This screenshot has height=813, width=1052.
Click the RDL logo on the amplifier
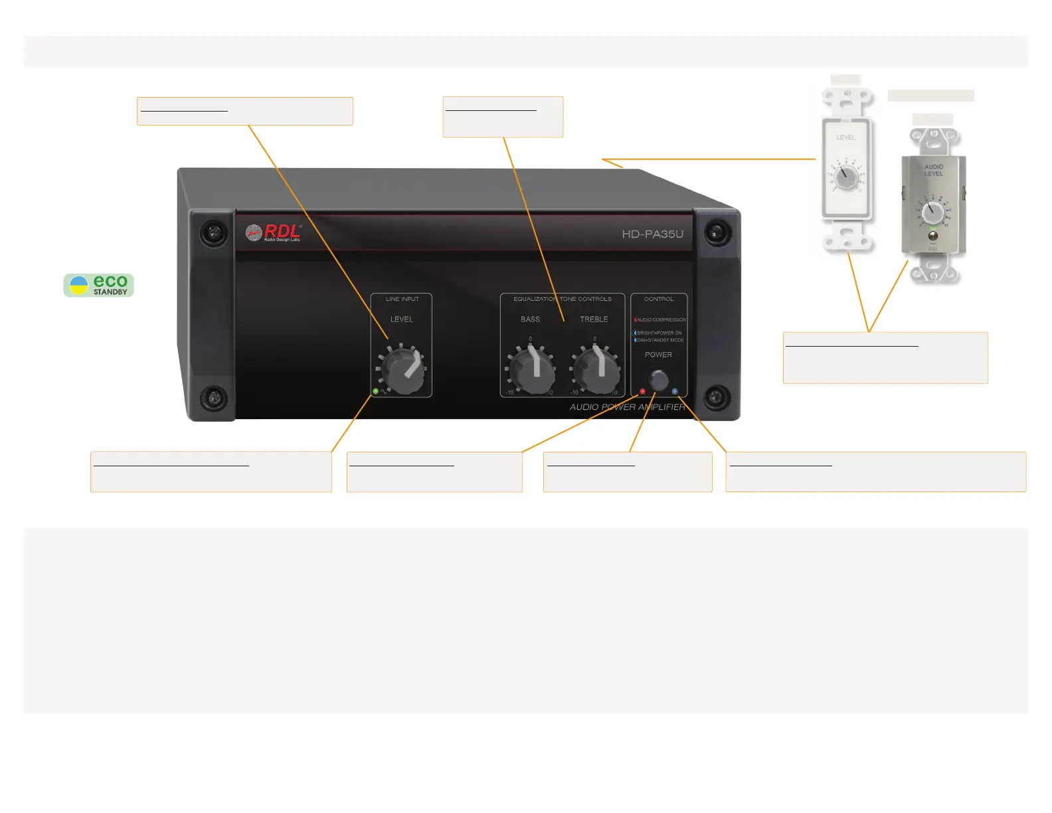273,232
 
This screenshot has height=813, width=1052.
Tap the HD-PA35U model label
652,234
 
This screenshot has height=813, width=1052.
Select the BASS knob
532,370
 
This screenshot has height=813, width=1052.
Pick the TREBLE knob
596,370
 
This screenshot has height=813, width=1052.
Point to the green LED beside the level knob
375,391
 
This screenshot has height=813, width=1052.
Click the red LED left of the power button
642,391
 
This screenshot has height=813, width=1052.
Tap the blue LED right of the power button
675,391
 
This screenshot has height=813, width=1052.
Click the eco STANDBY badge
99,285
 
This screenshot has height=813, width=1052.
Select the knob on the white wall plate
845,178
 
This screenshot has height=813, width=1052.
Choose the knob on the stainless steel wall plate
933,213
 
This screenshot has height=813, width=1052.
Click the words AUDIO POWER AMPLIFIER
627,407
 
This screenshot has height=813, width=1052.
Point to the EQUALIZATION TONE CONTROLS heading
562,299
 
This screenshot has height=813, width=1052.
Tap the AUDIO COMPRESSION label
661,319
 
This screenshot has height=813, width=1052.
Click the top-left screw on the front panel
213,232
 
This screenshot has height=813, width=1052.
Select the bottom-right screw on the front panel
715,397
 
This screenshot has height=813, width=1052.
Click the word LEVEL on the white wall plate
845,137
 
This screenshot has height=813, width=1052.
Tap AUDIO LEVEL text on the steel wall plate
933,170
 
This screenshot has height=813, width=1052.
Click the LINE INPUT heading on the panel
402,299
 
